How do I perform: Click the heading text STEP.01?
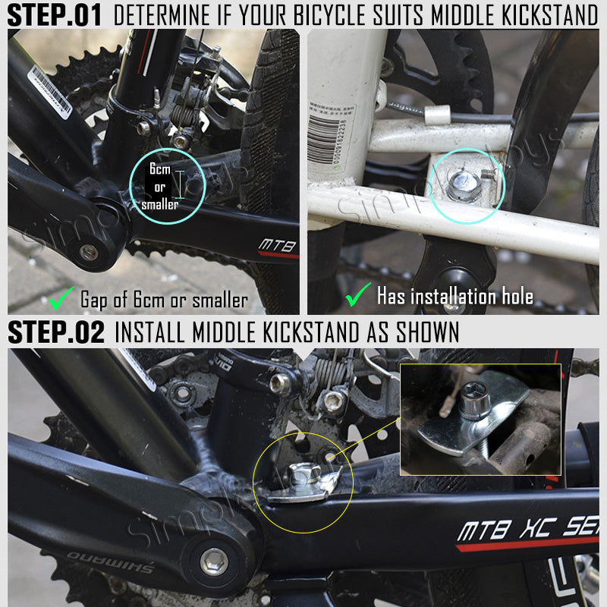[55, 14]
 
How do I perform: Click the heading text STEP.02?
[55, 332]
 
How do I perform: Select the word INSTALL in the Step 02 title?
[150, 332]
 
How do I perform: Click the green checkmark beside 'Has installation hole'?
[357, 294]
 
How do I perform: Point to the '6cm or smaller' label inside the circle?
[160, 186]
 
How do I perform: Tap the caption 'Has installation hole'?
[454, 295]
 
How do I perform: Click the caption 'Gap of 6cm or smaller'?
[164, 300]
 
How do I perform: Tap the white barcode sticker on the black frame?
[50, 90]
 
